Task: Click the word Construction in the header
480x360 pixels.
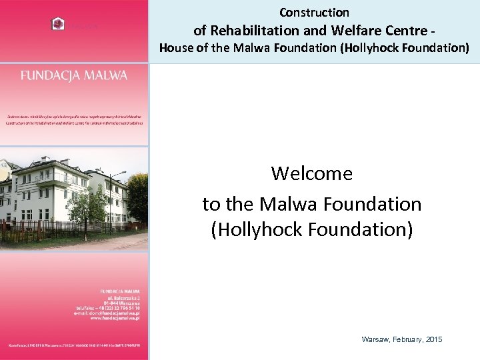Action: click(314, 13)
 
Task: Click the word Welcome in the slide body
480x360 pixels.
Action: click(311, 174)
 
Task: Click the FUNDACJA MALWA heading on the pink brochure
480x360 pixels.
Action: click(73, 75)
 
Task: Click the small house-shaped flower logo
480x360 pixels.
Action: click(58, 24)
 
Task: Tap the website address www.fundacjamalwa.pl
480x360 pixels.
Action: click(114, 319)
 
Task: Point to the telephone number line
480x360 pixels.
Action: click(109, 308)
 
